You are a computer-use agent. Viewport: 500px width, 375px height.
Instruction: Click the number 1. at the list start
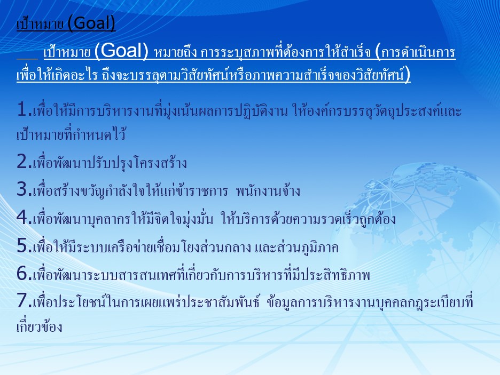pos(24,109)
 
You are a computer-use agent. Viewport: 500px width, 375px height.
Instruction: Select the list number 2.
pos(24,162)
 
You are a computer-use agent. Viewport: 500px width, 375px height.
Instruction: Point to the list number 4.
pos(24,217)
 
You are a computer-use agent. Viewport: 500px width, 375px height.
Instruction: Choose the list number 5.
pos(24,245)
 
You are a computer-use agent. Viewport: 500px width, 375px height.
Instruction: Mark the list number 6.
pos(24,274)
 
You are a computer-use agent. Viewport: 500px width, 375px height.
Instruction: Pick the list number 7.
pos(24,300)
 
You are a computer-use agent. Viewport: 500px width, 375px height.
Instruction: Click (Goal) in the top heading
pos(91,23)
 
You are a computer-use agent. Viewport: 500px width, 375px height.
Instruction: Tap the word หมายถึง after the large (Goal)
pos(175,52)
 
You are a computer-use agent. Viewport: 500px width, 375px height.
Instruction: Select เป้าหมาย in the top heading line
pos(40,24)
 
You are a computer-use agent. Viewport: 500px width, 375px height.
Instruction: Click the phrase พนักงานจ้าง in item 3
pos(268,190)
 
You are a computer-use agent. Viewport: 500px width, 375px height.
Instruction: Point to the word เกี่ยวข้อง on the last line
pos(39,326)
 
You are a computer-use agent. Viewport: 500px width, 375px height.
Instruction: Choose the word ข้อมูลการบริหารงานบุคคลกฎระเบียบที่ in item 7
pos(370,302)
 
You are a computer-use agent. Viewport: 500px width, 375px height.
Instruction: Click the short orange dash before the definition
pos(27,59)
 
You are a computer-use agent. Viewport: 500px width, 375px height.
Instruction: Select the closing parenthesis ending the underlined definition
pos(407,75)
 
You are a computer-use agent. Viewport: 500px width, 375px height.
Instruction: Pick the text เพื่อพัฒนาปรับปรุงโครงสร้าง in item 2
pos(110,163)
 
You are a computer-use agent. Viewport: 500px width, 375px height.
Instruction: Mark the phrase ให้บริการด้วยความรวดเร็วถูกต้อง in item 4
pos(309,219)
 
